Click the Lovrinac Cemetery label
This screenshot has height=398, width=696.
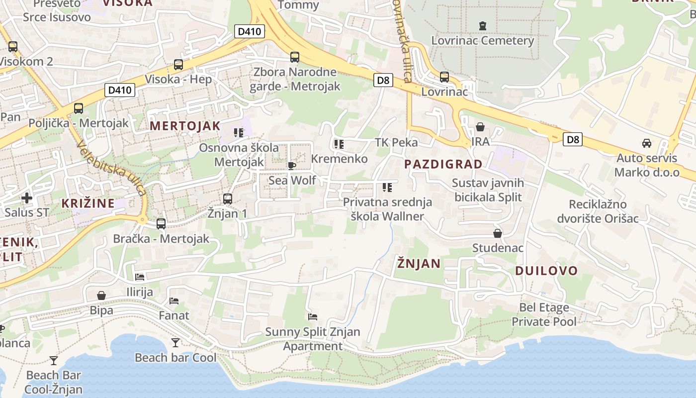482,40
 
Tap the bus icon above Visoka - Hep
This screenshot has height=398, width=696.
178,65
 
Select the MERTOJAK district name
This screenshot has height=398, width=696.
185,126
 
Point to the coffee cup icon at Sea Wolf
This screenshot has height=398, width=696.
292,166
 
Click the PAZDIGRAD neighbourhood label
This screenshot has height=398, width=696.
443,164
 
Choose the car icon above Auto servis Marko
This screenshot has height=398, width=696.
646,143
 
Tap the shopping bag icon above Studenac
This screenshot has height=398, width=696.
497,233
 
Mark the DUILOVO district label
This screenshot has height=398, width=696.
546,271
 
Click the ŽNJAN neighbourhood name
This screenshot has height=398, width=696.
419,264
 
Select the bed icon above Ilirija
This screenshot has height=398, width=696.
140,277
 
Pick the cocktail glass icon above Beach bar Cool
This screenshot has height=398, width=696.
175,342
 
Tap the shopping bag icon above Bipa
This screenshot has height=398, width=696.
101,296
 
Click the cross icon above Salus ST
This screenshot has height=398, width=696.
27,198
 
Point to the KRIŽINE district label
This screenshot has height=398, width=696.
88,203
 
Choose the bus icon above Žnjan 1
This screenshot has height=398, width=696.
227,199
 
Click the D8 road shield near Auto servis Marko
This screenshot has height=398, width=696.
573,139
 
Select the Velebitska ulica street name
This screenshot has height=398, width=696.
111,167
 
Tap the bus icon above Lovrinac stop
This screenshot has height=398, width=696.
444,77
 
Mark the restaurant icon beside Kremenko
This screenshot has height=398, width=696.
339,144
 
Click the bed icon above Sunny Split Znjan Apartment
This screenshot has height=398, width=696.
313,316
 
